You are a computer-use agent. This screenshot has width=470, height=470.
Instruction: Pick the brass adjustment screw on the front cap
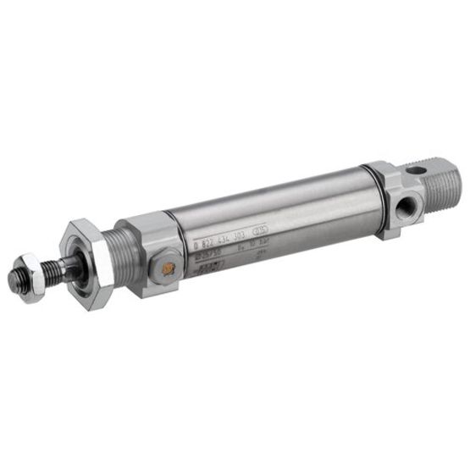pyautogui.click(x=168, y=269)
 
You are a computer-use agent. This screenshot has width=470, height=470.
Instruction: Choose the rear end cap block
pyautogui.click(x=388, y=199)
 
